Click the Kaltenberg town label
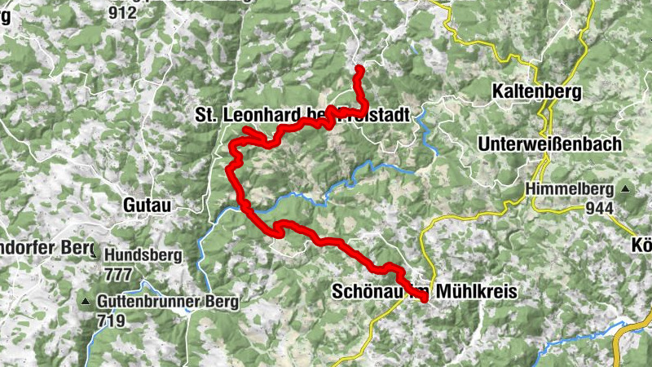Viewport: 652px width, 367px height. pyautogui.click(x=535, y=92)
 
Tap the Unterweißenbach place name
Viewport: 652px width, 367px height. pyautogui.click(x=550, y=144)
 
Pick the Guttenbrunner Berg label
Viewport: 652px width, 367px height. pyautogui.click(x=167, y=303)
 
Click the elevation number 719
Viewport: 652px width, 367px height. pyautogui.click(x=111, y=321)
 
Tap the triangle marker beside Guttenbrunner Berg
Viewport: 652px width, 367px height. pyautogui.click(x=85, y=303)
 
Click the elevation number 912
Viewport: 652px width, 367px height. pyautogui.click(x=121, y=12)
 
